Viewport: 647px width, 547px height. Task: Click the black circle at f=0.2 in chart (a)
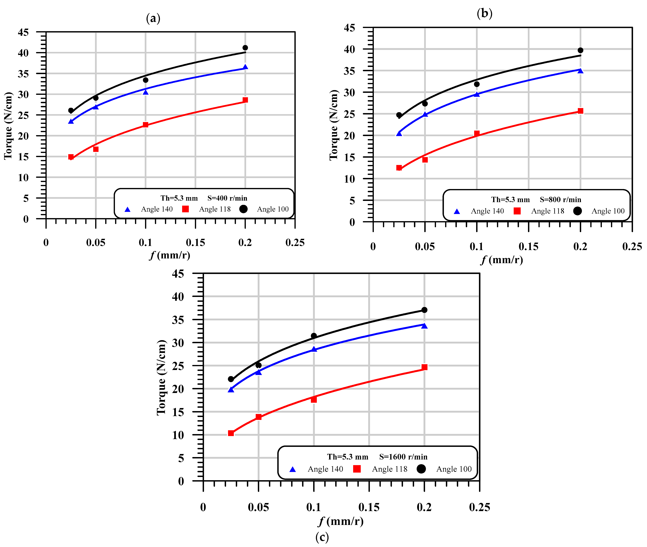point(245,48)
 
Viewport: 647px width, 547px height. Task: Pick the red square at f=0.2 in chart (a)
point(245,100)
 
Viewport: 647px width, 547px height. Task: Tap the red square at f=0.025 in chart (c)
point(231,433)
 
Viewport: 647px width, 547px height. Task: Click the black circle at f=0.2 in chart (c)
point(424,310)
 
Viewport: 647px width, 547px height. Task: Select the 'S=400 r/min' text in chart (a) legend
point(227,198)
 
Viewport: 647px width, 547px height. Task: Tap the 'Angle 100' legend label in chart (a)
point(273,209)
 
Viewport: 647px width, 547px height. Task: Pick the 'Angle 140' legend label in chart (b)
point(487,211)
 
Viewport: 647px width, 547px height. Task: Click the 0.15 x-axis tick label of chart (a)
point(195,242)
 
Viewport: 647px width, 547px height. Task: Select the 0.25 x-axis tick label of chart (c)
point(479,507)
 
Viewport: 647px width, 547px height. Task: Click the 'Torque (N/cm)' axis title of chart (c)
point(161,377)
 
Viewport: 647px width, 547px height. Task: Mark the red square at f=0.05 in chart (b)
point(425,160)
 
